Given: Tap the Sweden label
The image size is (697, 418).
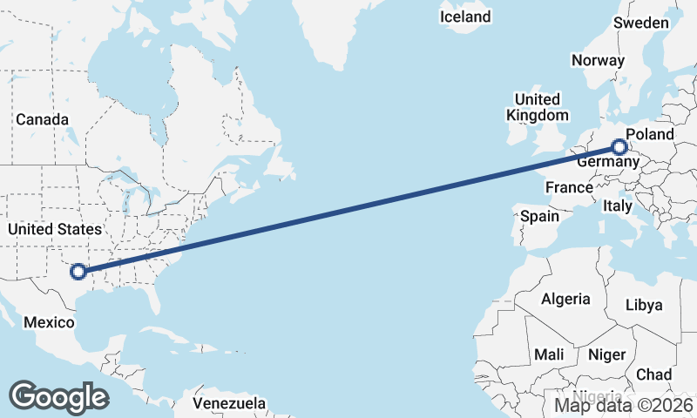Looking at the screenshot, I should click(x=641, y=23).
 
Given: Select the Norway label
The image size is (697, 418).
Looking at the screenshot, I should click(x=598, y=60).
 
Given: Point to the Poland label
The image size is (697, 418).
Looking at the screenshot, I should click(x=650, y=134).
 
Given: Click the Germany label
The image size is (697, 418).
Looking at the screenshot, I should click(x=608, y=162).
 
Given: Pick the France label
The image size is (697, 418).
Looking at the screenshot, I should click(x=570, y=187).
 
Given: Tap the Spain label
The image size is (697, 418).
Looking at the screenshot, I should click(x=540, y=215).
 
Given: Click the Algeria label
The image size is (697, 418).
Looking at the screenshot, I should click(x=565, y=299).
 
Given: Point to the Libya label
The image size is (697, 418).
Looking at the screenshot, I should click(x=645, y=305).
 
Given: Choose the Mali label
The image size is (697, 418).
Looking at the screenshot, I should click(x=549, y=354).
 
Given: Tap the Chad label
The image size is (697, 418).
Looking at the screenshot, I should click(x=653, y=374).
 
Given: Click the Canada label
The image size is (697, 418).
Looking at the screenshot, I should click(x=42, y=118).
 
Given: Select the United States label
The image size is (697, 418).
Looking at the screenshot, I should click(x=54, y=229).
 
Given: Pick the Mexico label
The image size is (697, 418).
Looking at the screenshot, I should click(x=49, y=322).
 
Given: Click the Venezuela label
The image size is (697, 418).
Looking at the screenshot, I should click(x=229, y=404).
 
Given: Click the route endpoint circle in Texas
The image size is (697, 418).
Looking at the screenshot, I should click(x=78, y=271).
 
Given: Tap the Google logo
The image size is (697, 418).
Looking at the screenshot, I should click(x=58, y=396).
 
